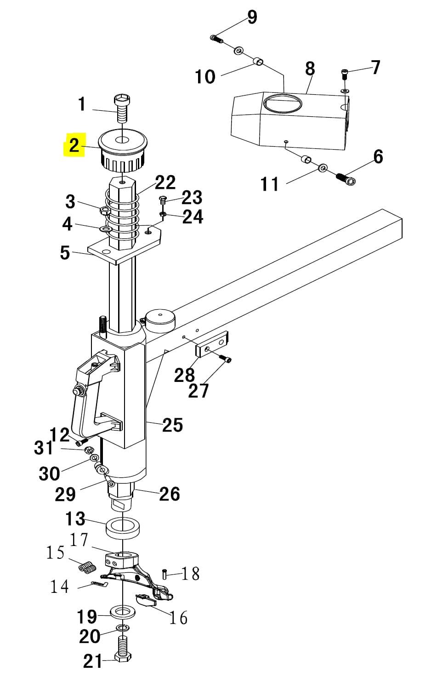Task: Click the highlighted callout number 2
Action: click(x=74, y=145)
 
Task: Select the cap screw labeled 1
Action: click(x=122, y=108)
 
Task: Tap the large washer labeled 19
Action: click(x=123, y=613)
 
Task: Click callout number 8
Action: click(x=310, y=69)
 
